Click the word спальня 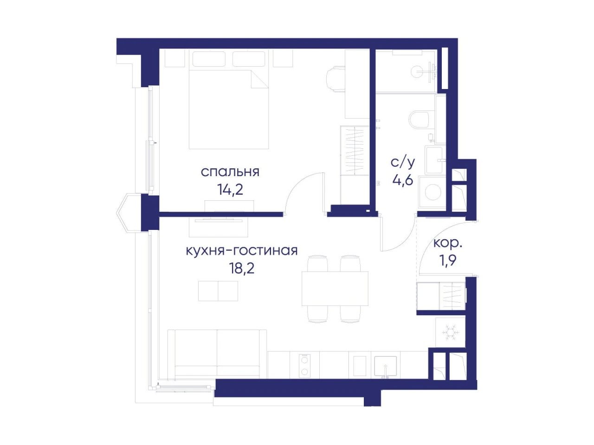230,172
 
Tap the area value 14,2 230,190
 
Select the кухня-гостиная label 241,251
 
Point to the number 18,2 242,268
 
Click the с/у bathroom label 402,162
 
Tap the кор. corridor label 448,243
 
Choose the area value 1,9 448,260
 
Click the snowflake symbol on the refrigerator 451,332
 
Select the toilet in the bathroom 419,120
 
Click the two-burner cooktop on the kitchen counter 304,366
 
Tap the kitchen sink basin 385,366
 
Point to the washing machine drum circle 433,192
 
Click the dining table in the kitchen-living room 335,289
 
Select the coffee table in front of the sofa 218,291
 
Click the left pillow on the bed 209,59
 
